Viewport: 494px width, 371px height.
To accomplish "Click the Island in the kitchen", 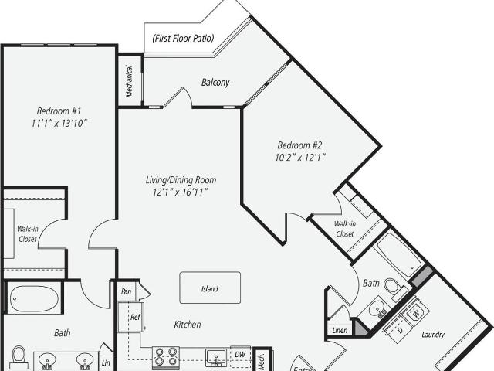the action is [x=210, y=288].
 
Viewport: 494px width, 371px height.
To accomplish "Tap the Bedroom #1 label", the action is [x=59, y=111].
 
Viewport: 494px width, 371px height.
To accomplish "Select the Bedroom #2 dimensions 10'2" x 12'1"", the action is [x=300, y=157].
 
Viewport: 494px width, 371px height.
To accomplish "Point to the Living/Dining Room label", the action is [x=181, y=180].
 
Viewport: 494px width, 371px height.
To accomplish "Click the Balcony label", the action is [x=215, y=83].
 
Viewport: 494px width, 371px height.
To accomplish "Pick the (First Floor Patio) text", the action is [x=183, y=39].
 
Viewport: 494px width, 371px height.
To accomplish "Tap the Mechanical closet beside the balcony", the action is [x=130, y=81].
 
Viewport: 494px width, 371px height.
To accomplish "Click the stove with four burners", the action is [x=166, y=356].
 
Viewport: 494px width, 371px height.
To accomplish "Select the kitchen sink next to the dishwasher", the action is [x=216, y=358].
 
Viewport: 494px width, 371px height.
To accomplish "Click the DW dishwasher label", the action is [x=240, y=354].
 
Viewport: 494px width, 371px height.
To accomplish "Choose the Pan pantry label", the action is [x=126, y=291].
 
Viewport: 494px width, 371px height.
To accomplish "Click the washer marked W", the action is [x=416, y=313].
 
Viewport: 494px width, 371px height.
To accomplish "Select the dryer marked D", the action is [x=400, y=330].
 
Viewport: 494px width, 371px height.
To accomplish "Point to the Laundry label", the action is [x=433, y=335].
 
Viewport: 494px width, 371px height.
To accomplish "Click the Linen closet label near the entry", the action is [x=340, y=330].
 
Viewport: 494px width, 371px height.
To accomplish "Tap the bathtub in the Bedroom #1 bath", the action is [x=34, y=299].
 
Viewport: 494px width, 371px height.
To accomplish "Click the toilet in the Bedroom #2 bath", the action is [x=395, y=288].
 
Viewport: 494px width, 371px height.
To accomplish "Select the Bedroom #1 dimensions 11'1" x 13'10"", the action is [x=59, y=123].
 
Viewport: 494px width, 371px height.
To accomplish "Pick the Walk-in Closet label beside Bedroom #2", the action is [x=345, y=229].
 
